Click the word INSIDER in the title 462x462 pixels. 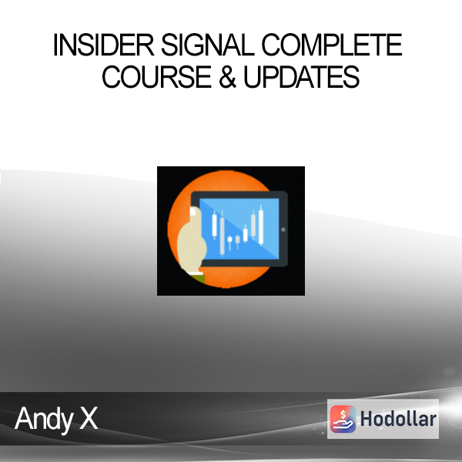point(103,45)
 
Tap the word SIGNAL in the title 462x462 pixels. point(208,45)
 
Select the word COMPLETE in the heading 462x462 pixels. point(332,45)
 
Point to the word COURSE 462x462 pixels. point(157,77)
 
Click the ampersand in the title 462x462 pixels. point(227,77)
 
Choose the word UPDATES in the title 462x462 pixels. point(301,77)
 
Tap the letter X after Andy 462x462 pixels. point(89,418)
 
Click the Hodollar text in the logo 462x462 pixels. point(398,419)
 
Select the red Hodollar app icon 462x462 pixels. point(343,419)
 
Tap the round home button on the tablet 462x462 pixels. point(283,229)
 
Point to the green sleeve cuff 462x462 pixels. point(197,277)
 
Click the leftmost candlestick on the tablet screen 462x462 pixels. point(215,225)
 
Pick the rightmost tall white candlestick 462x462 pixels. point(261,225)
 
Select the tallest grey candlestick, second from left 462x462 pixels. point(223,233)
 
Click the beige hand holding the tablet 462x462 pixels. point(191,242)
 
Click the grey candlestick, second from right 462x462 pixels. point(253,226)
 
